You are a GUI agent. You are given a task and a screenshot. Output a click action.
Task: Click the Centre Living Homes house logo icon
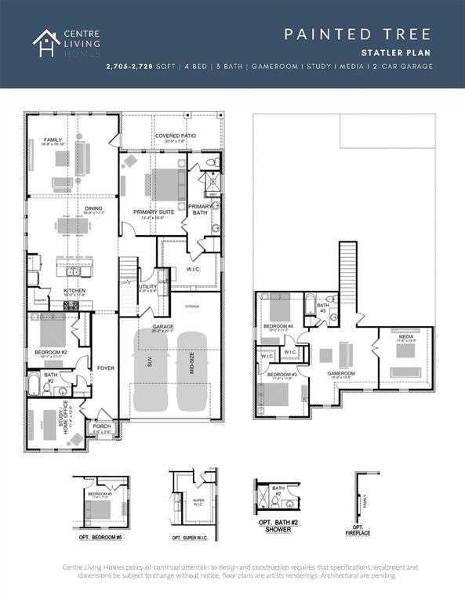tap(45, 43)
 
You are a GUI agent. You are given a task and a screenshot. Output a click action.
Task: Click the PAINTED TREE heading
tap(358, 34)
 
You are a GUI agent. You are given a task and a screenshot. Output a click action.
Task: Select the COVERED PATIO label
tap(175, 136)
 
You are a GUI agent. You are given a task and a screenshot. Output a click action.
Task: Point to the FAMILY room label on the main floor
tap(53, 140)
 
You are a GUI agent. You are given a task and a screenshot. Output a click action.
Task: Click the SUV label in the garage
tap(150, 364)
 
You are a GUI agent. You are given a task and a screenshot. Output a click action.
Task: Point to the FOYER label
tap(105, 367)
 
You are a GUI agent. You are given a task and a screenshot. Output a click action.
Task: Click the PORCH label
tap(102, 427)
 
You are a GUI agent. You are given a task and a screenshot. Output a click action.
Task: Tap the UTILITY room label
tap(147, 287)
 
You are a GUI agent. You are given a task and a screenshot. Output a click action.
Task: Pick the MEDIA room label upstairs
tap(405, 338)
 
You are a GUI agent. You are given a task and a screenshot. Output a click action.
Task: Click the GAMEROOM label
tap(342, 373)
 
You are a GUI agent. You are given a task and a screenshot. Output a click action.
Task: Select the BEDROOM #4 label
tap(278, 325)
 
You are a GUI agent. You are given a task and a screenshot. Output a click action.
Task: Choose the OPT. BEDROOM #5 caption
tap(97, 538)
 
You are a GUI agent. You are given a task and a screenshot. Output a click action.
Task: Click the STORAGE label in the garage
tap(192, 306)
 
